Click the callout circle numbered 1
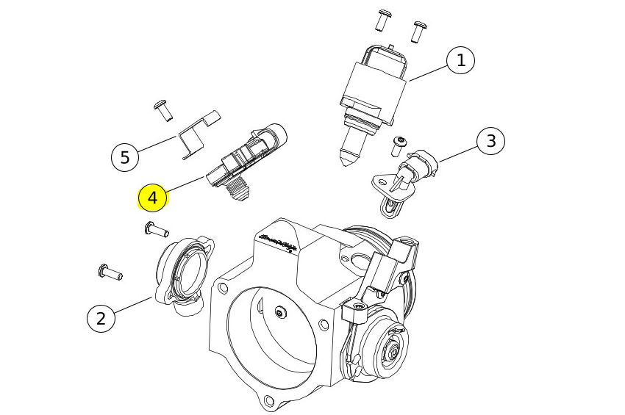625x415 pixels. click(461, 60)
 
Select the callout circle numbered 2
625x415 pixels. click(101, 318)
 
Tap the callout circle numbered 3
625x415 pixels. click(491, 140)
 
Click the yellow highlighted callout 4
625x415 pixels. click(153, 198)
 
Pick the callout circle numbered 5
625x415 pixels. click(124, 156)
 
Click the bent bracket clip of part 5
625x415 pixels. click(198, 133)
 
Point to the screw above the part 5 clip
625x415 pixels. click(163, 110)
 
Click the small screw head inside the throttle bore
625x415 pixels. click(279, 314)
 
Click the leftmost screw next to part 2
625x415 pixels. click(108, 273)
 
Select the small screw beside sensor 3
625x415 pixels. click(400, 145)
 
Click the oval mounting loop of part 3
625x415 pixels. click(392, 208)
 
